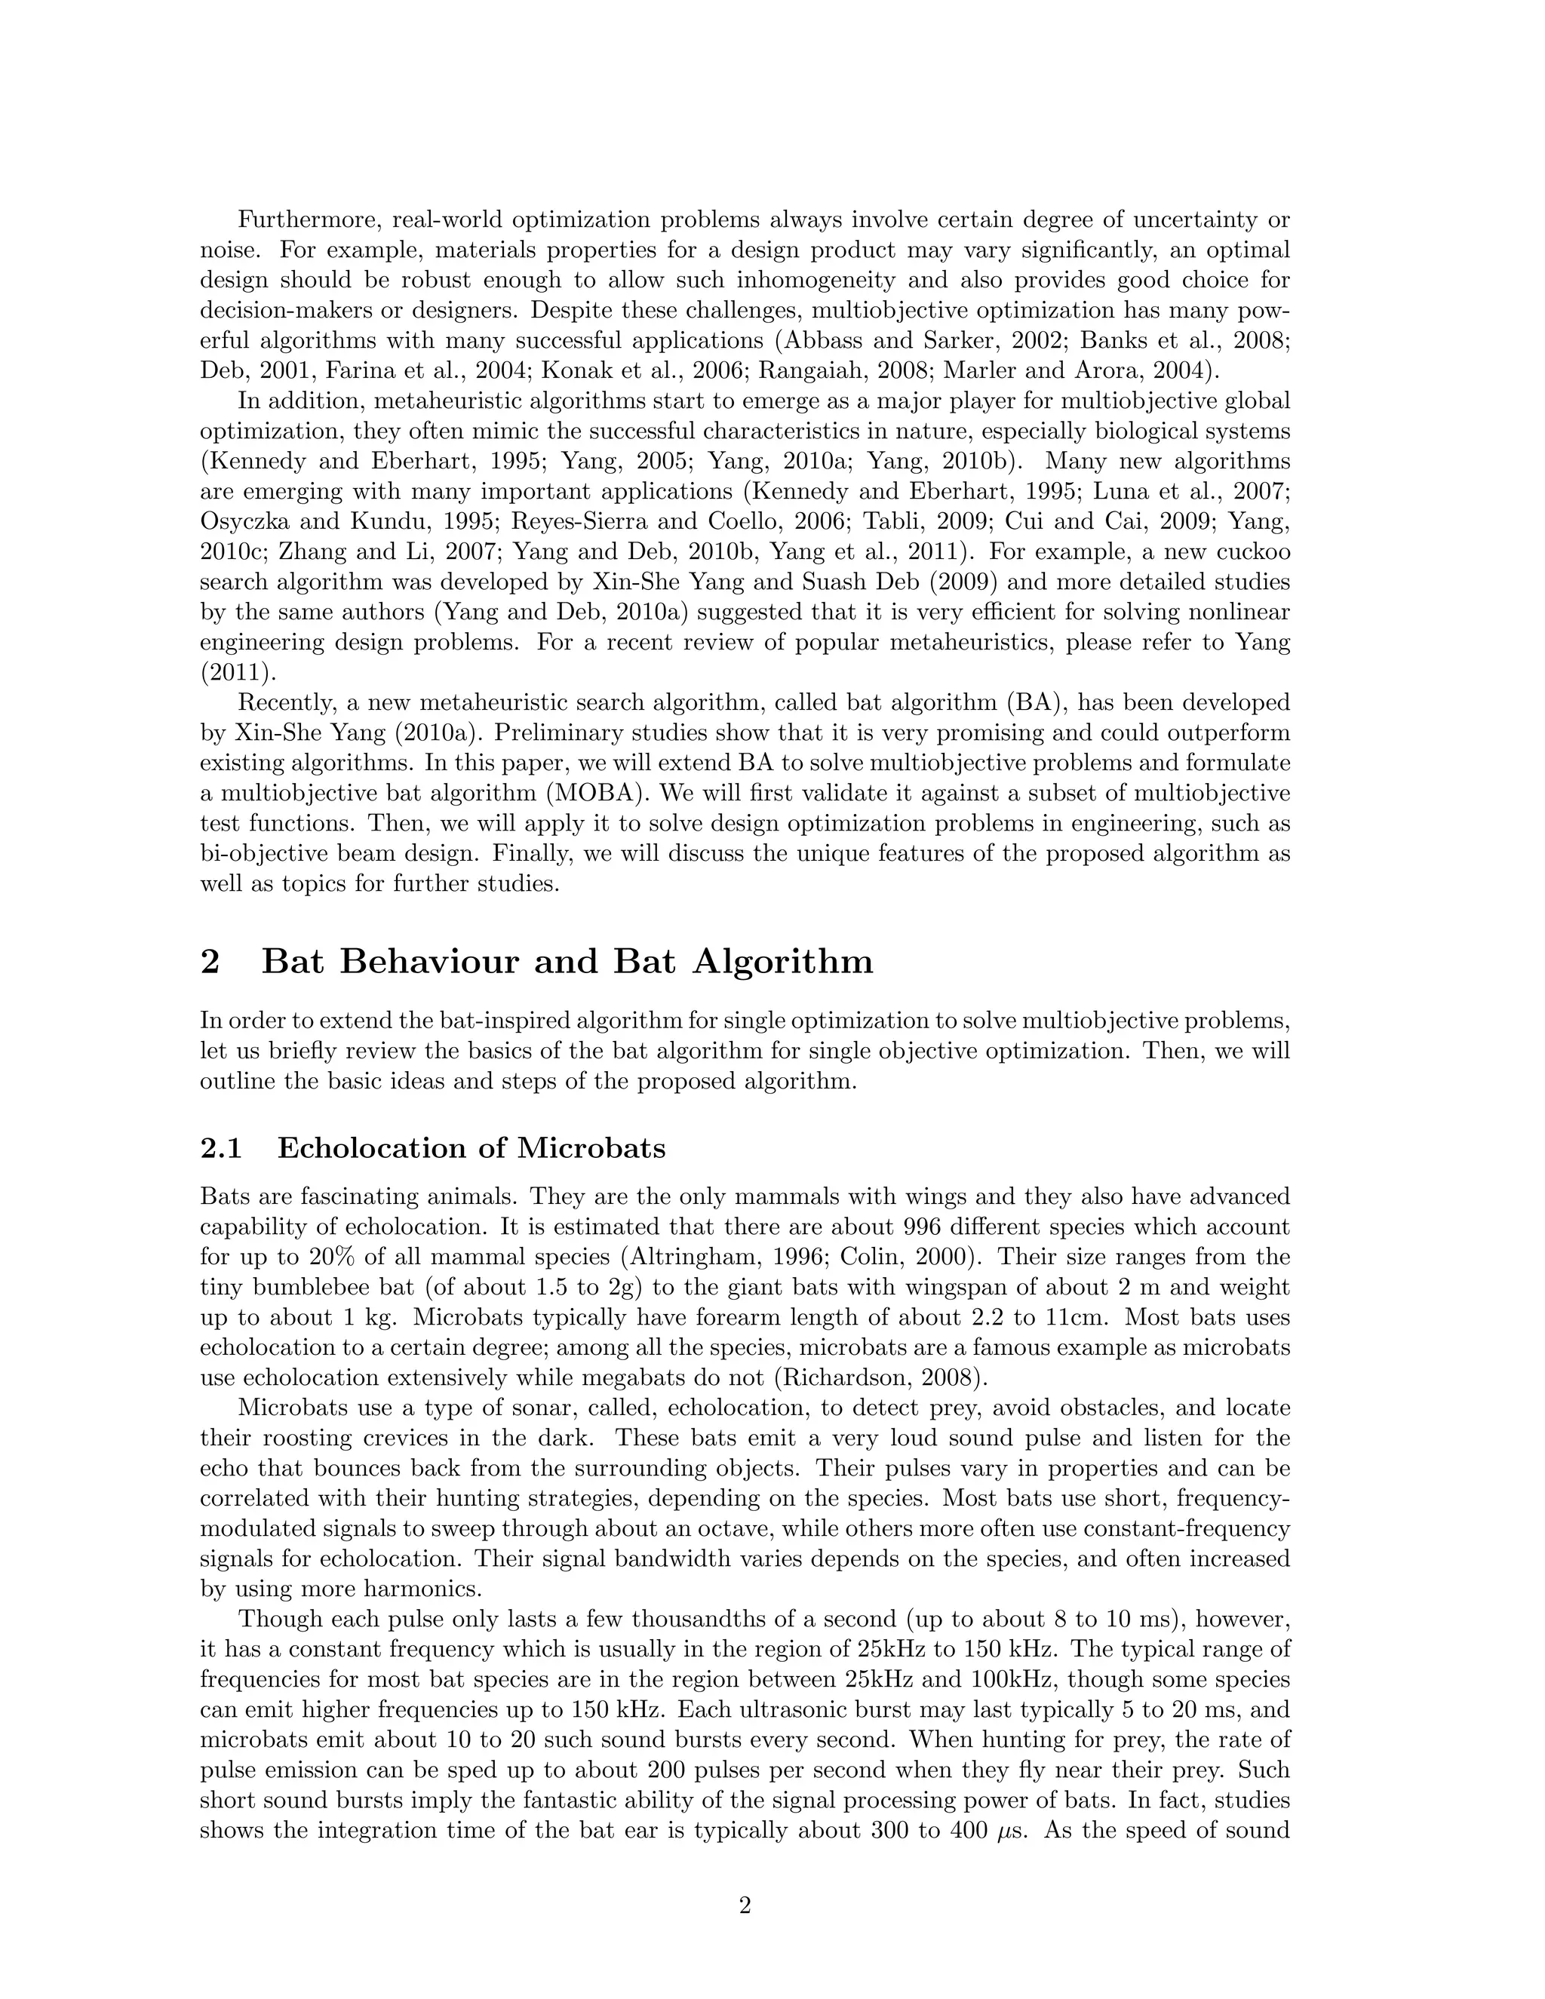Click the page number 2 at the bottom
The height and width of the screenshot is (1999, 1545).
[744, 1905]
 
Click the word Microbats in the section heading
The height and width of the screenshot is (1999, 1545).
[591, 1148]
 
